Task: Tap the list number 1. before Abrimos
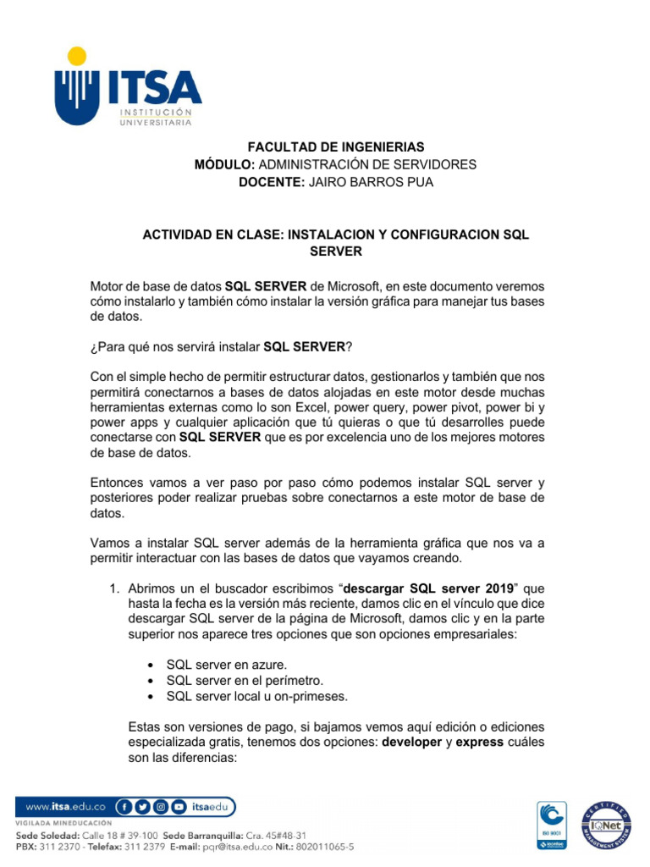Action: pyautogui.click(x=113, y=588)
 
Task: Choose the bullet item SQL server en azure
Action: pyautogui.click(x=220, y=665)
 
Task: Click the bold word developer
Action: pyautogui.click(x=417, y=743)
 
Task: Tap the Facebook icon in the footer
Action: pyautogui.click(x=124, y=807)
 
